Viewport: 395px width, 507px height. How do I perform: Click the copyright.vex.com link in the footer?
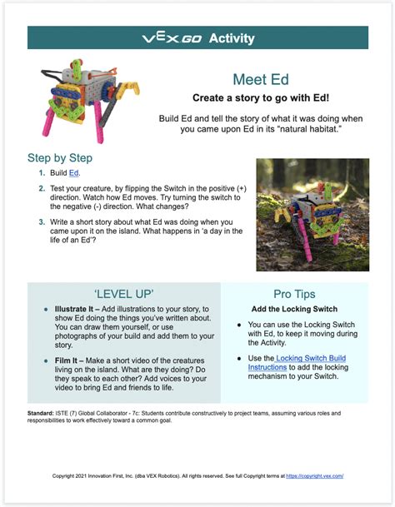[x=314, y=475]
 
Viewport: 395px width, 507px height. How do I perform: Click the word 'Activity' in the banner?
[x=232, y=38]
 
